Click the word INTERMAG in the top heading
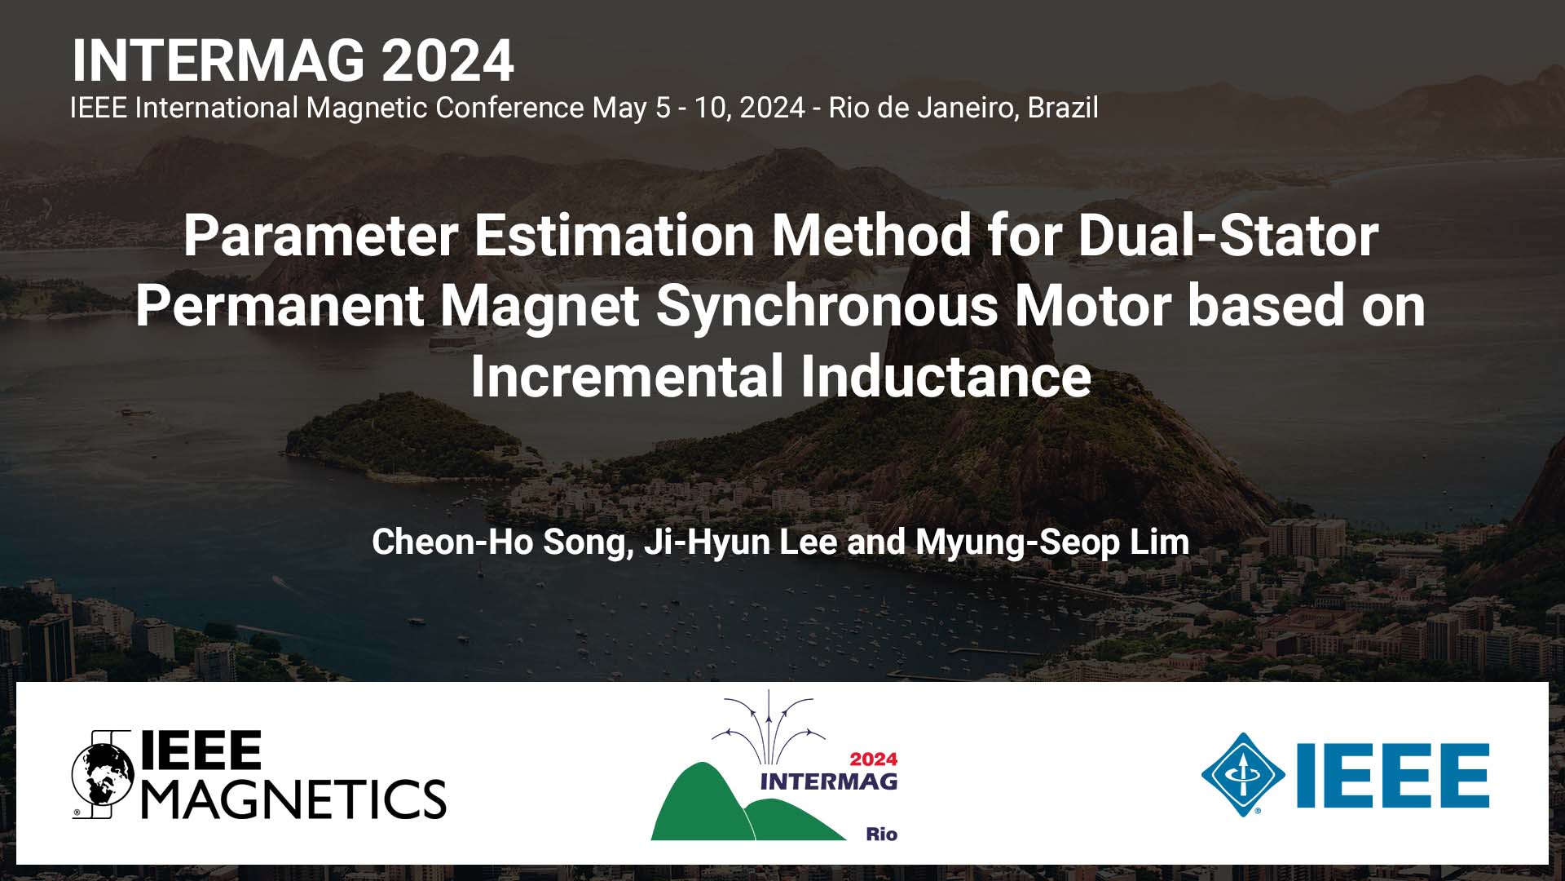218,61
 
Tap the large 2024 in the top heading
447,61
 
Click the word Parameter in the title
320,235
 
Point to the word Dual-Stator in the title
1228,235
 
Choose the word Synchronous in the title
827,306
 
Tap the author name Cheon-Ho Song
501,542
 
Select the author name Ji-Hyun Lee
739,542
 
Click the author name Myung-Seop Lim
1052,542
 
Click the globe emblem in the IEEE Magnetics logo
103,774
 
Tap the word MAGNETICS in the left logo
294,798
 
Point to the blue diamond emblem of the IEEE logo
1242,774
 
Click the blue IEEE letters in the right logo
1393,775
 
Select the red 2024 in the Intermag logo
873,759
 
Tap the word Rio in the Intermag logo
881,834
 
